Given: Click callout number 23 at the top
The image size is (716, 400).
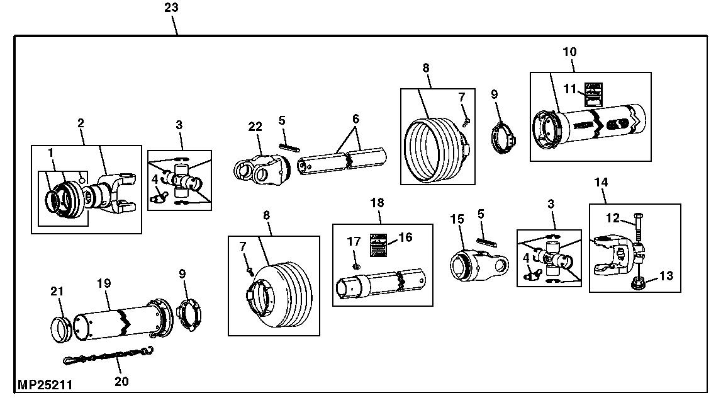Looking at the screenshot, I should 171,8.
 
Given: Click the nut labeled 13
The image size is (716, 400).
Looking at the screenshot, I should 638,279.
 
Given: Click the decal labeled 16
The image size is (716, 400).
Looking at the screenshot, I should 378,244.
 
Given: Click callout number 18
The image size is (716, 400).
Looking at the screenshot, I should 377,203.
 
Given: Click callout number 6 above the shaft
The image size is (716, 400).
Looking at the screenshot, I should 356,119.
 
